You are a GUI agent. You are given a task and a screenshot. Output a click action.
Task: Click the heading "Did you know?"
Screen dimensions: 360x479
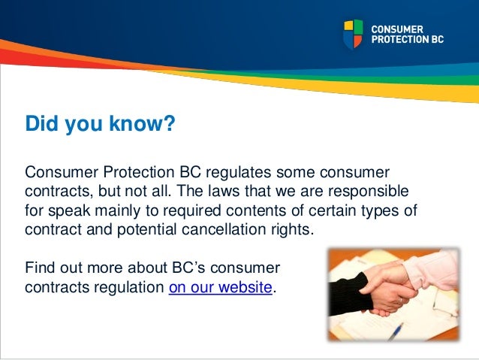(x=100, y=123)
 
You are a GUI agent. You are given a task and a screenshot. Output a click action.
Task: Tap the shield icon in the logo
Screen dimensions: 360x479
(x=353, y=35)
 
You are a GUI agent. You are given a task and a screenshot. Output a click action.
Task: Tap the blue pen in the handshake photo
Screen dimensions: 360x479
(x=396, y=330)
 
